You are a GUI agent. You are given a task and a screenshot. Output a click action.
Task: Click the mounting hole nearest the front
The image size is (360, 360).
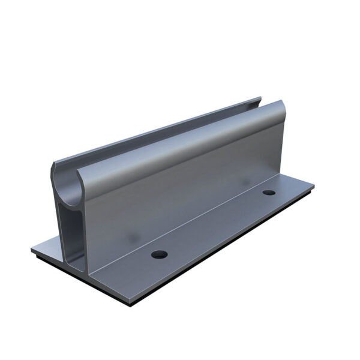point(159,254)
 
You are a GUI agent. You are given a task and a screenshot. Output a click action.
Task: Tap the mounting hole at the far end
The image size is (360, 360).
point(269,193)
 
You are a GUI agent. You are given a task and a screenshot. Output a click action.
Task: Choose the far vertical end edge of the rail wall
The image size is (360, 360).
point(278,144)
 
